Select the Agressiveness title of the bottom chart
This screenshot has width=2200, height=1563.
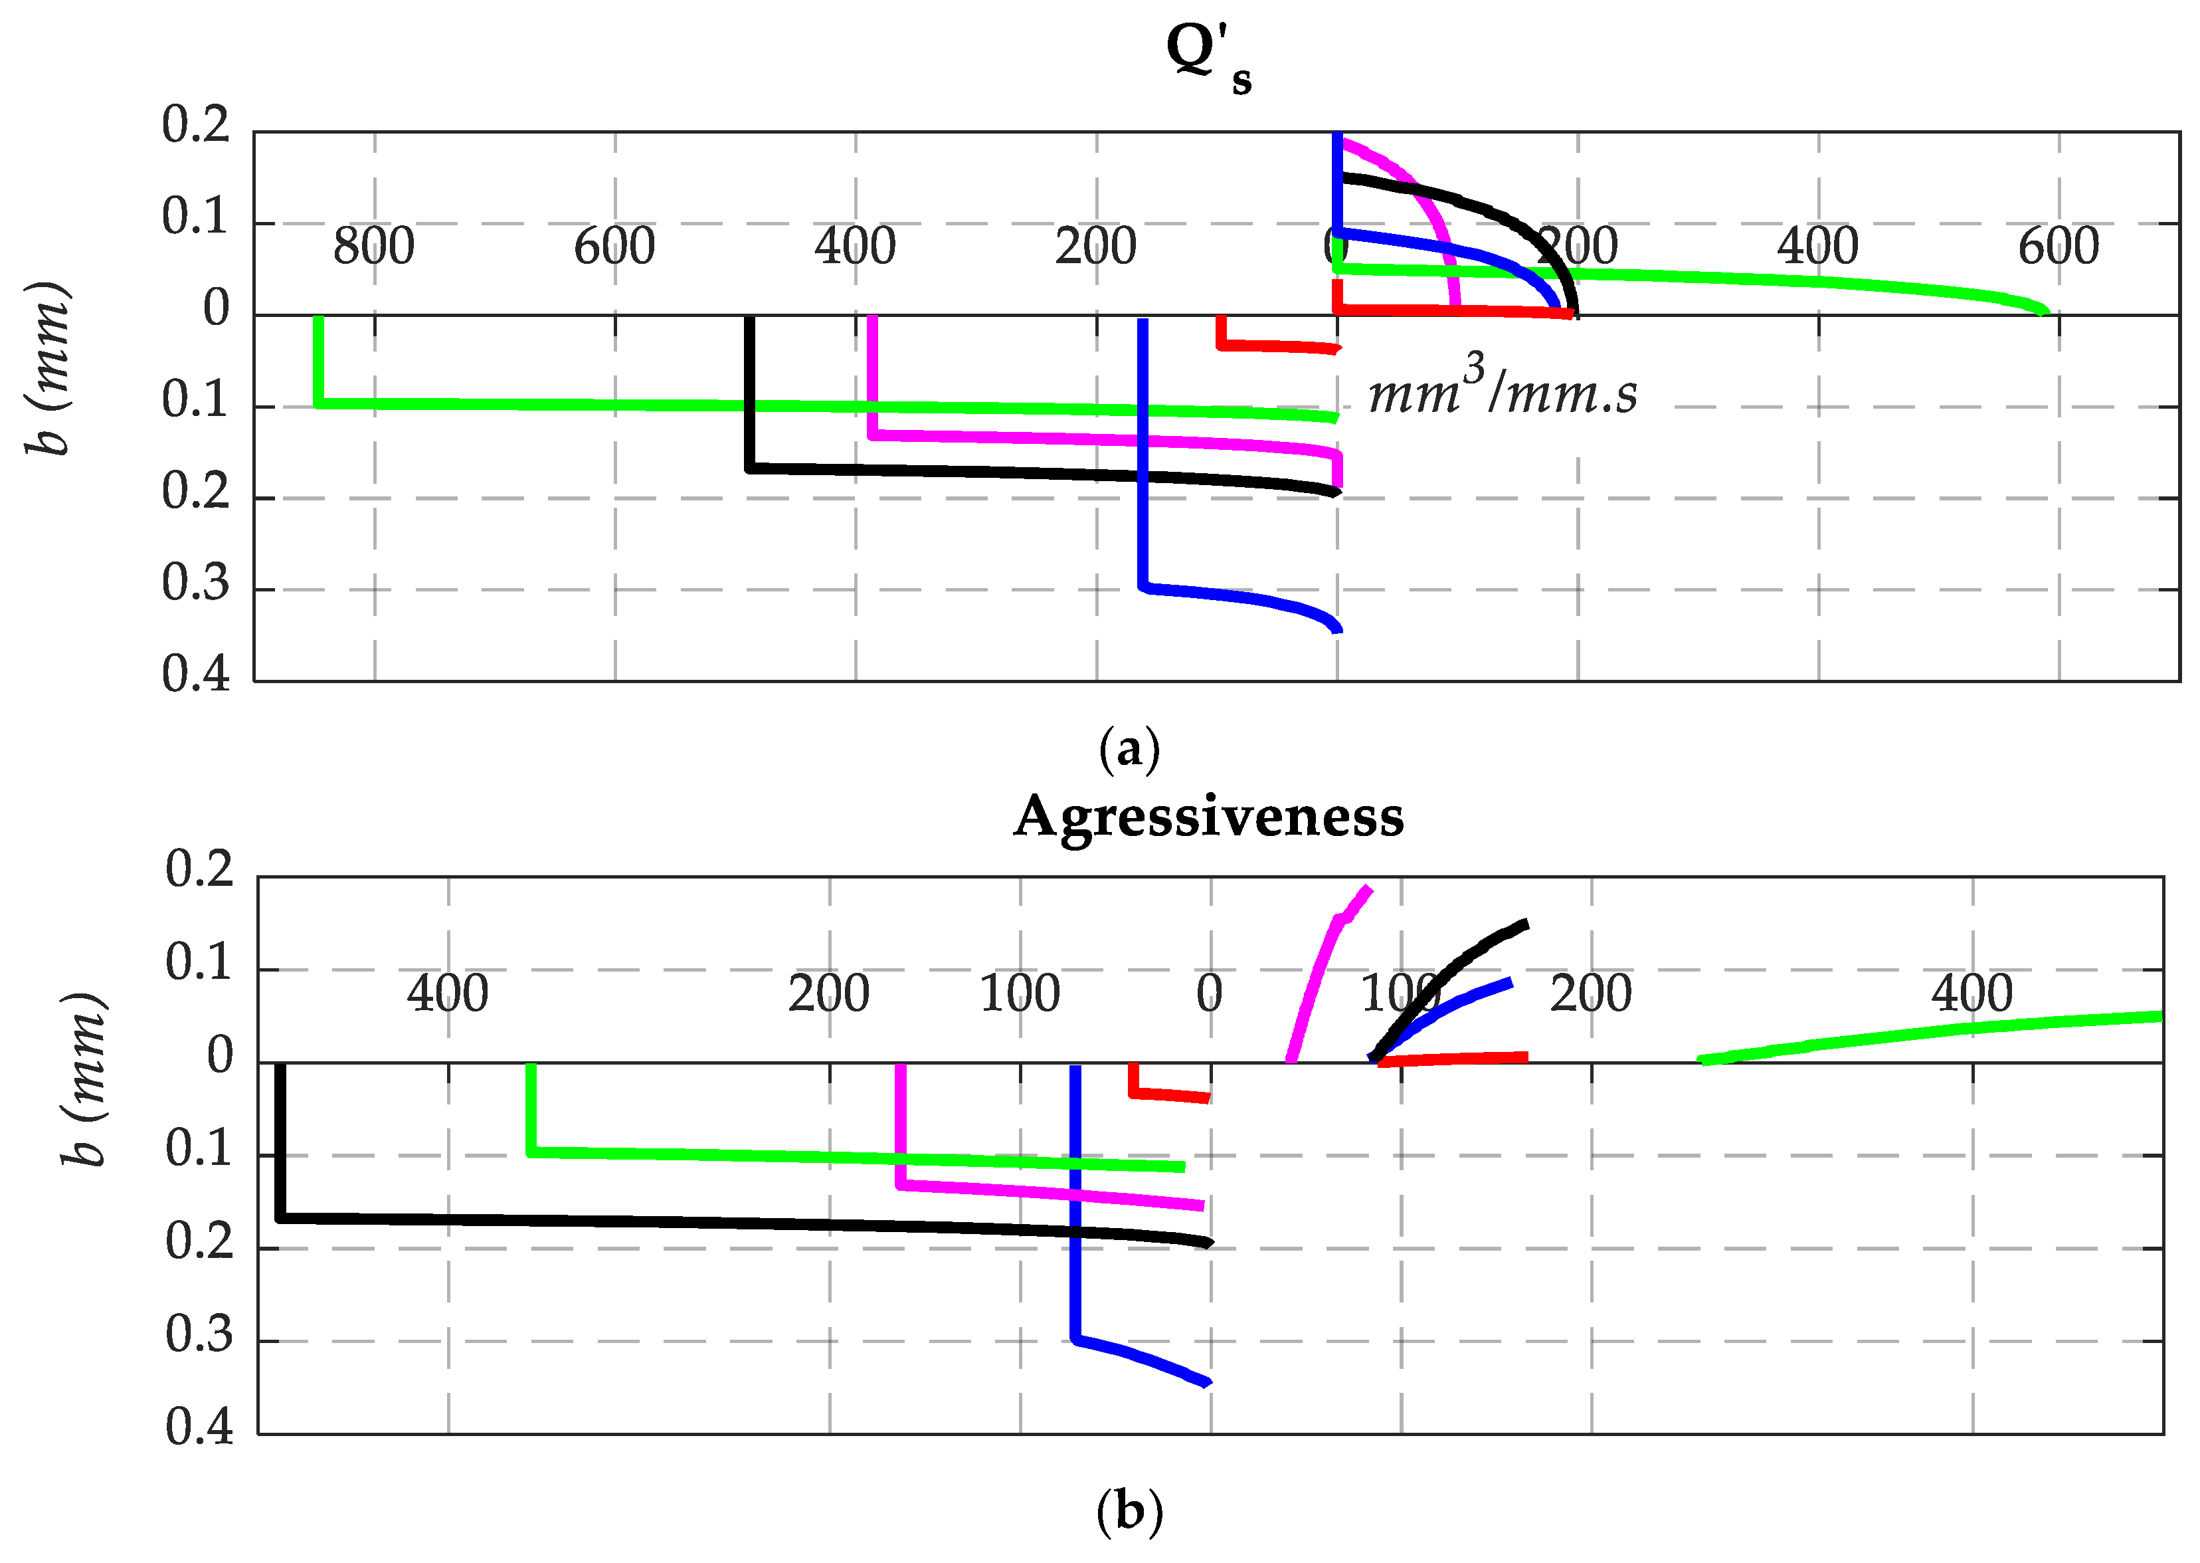tap(1208, 817)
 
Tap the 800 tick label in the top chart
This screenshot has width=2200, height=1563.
tap(373, 247)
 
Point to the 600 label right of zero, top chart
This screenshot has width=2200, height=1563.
tap(2058, 247)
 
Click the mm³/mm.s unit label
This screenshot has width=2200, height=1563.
tap(1502, 390)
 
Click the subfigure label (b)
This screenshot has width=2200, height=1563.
tap(1129, 1512)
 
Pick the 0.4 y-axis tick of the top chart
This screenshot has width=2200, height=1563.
tap(196, 675)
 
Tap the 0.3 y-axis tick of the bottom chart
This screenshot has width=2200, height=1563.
tap(199, 1334)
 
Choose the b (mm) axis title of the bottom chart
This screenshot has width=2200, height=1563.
tap(84, 1078)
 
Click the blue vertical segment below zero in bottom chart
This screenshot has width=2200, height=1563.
tap(1075, 1203)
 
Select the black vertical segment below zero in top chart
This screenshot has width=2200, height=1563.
tap(749, 395)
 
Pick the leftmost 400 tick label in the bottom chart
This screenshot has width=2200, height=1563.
tap(447, 993)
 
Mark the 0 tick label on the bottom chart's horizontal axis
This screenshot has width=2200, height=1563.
tap(1209, 993)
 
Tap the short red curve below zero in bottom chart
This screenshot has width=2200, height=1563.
tap(1169, 1094)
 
